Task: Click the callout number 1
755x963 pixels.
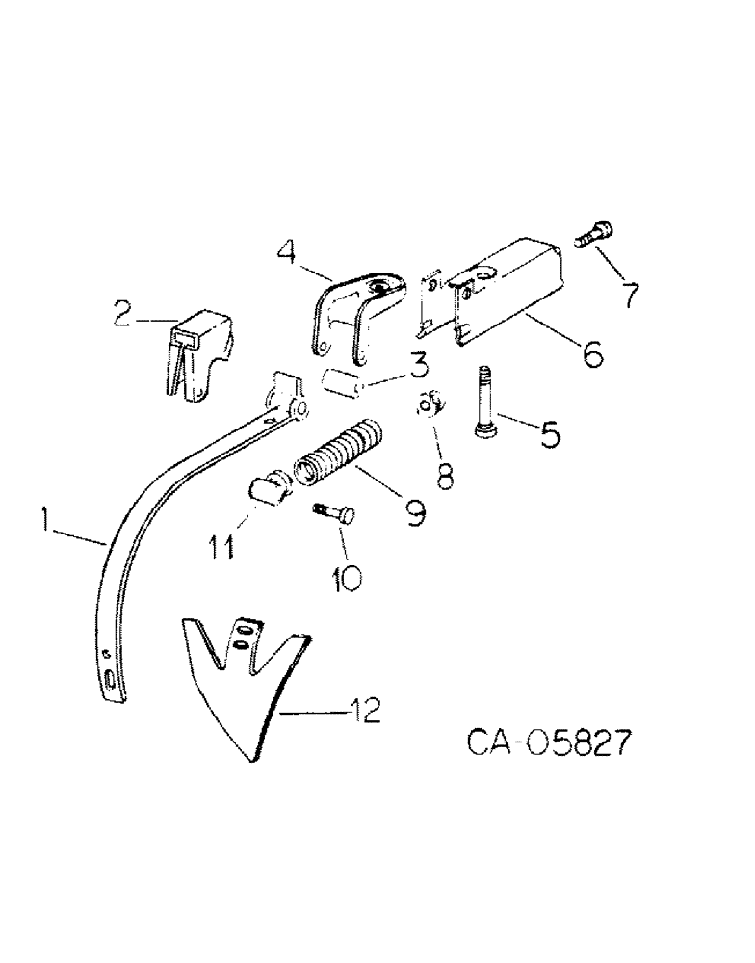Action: [x=45, y=522]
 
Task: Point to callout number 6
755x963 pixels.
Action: [x=590, y=355]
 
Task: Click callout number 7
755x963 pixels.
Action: [x=630, y=293]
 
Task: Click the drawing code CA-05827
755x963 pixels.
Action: [x=551, y=744]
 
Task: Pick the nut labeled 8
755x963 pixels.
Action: [x=431, y=404]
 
